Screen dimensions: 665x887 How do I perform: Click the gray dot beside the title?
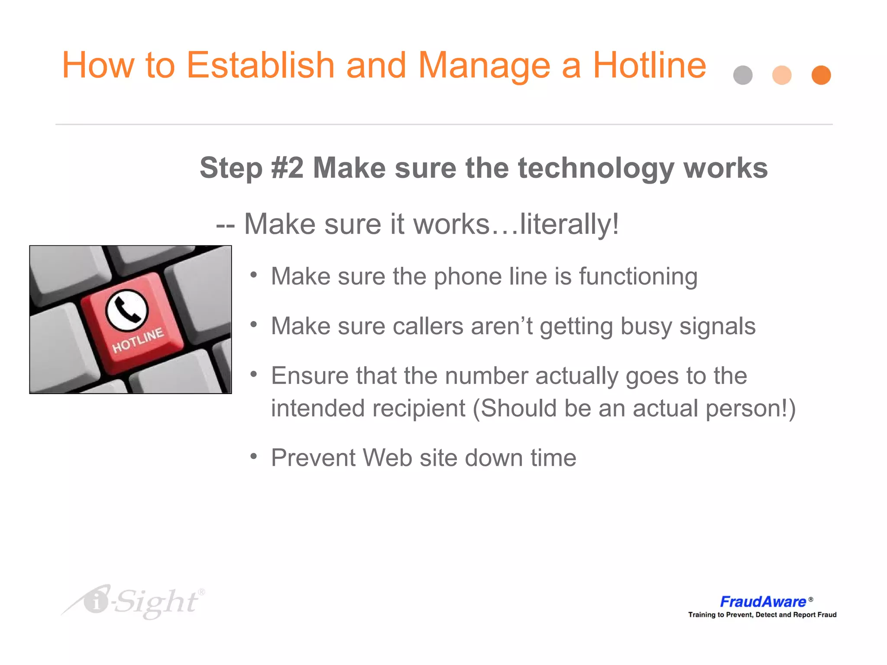pyautogui.click(x=743, y=75)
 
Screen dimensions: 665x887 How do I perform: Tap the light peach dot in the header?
pyautogui.click(x=782, y=75)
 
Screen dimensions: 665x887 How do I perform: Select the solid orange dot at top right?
pyautogui.click(x=821, y=75)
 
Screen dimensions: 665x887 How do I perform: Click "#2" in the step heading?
pyautogui.click(x=287, y=168)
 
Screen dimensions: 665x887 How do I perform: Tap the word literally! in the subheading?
pyautogui.click(x=570, y=224)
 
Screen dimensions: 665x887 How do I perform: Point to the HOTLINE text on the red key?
pyautogui.click(x=138, y=340)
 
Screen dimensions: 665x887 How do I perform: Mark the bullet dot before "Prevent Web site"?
pyautogui.click(x=254, y=456)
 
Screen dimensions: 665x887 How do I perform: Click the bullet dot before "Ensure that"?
pyautogui.click(x=254, y=374)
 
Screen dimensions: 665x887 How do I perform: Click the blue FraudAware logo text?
pyautogui.click(x=763, y=601)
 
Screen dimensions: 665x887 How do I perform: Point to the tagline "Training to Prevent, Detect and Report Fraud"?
pyautogui.click(x=762, y=615)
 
